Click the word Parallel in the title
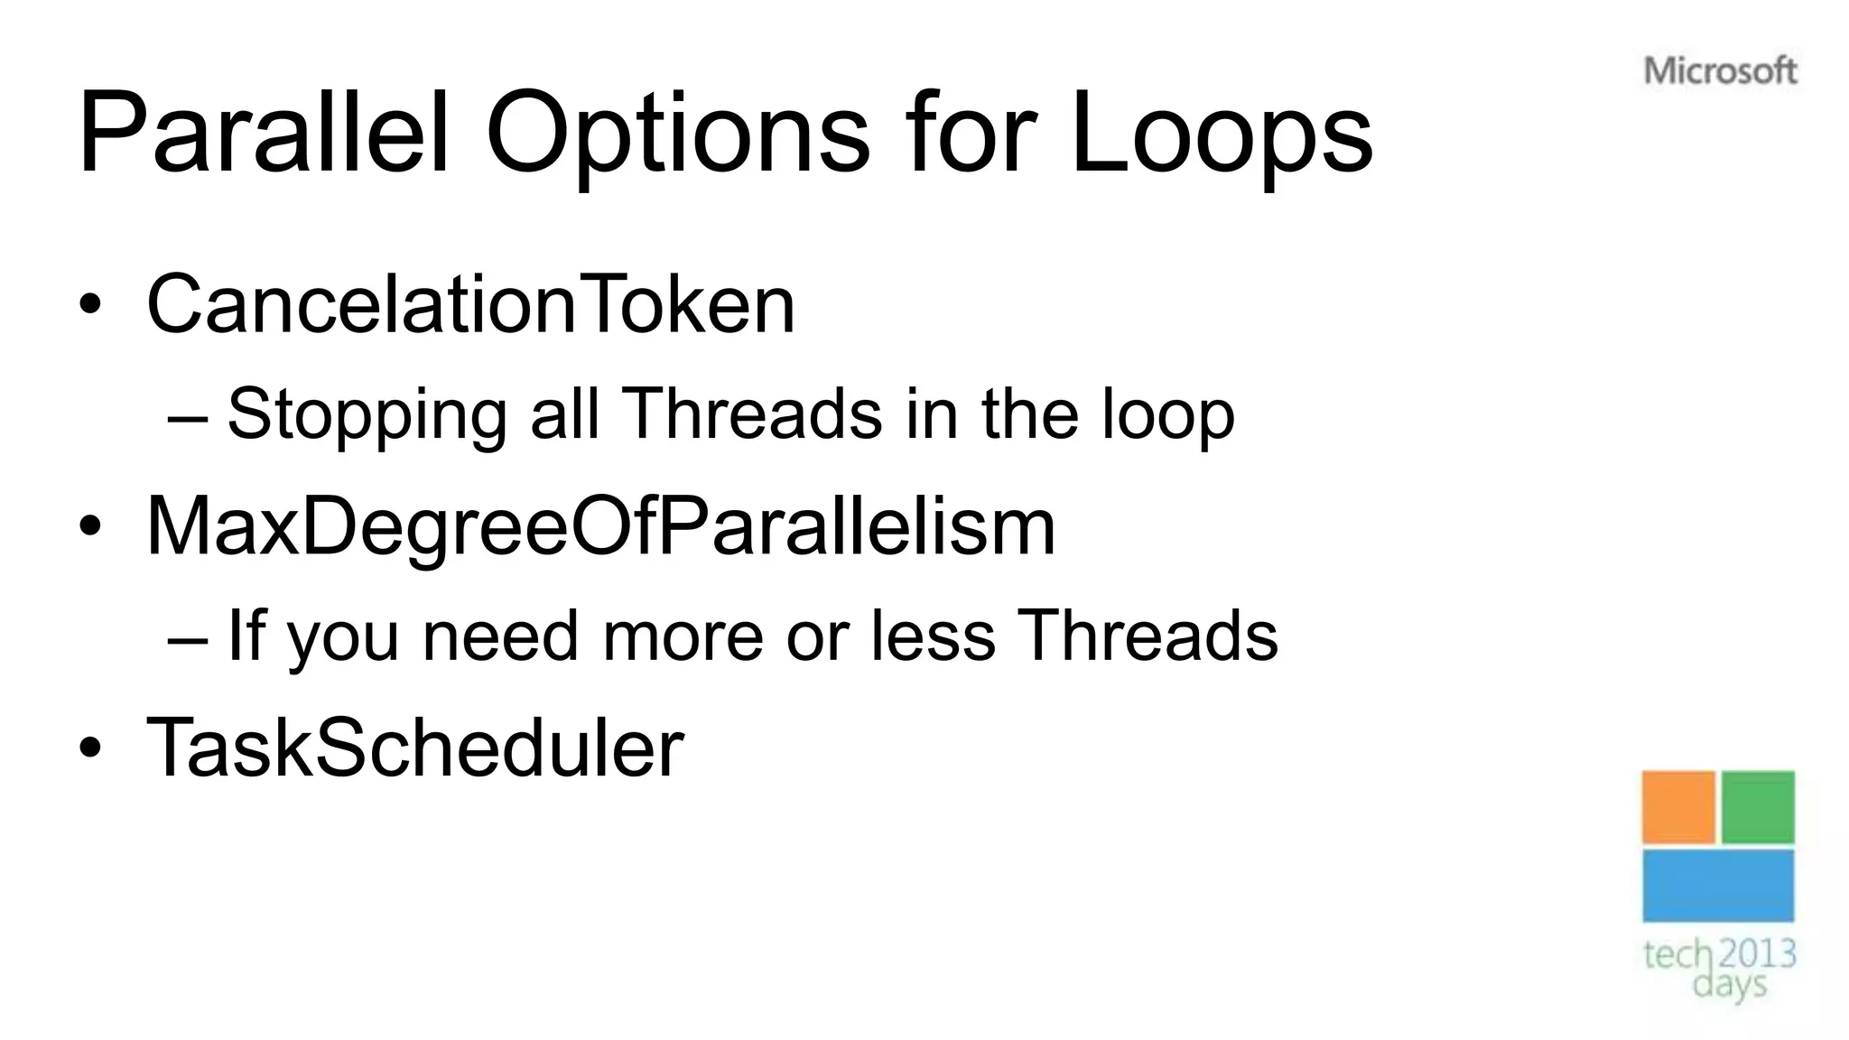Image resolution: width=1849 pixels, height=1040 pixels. tap(263, 134)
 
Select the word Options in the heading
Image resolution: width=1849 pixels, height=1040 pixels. tap(677, 134)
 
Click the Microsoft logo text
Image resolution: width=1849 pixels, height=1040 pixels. tap(1720, 71)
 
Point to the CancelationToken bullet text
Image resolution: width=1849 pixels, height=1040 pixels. tap(470, 304)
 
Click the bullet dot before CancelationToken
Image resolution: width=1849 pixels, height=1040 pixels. tap(89, 304)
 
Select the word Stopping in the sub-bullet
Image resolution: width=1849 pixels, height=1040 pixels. tap(367, 414)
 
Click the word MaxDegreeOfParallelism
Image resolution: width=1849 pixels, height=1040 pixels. tap(600, 526)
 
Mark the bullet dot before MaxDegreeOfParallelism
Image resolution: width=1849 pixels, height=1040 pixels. tap(89, 526)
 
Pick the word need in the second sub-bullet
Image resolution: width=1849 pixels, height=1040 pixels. tap(499, 636)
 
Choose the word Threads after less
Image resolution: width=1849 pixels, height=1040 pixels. tap(1147, 636)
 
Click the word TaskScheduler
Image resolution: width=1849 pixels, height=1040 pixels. tap(415, 747)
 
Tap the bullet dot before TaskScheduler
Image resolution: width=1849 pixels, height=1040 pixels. tap(89, 747)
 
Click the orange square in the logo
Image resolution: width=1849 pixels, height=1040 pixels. tap(1678, 807)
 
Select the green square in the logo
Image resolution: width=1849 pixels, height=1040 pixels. tap(1758, 807)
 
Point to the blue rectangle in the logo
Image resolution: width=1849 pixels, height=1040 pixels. tap(1718, 886)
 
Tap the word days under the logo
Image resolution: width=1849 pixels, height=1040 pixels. tap(1729, 984)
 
